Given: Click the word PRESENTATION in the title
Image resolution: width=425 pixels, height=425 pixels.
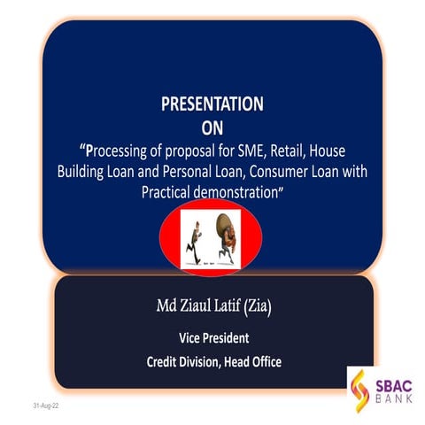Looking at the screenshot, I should coord(212,104).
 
